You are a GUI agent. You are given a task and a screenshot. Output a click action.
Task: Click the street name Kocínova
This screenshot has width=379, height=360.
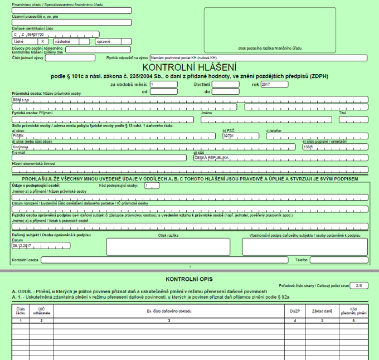tap(21, 147)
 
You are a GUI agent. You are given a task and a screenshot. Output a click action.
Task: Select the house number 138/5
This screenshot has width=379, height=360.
tap(308, 147)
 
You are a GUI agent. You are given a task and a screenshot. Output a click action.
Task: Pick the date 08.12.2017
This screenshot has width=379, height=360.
tap(23, 246)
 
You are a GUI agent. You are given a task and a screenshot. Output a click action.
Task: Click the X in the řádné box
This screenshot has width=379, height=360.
tap(42, 41)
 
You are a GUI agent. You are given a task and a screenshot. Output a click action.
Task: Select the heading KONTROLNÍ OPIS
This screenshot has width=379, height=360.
tap(189, 279)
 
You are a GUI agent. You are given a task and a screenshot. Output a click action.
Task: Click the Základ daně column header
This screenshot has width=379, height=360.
tap(325, 311)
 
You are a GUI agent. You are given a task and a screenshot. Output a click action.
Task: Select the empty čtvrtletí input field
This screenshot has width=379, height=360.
tap(225, 84)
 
